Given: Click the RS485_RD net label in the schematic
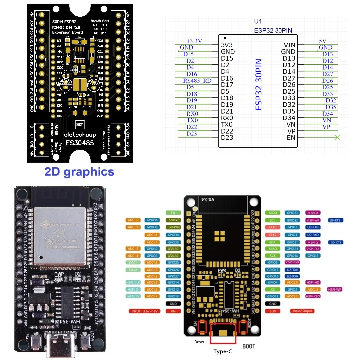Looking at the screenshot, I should (x=197, y=81).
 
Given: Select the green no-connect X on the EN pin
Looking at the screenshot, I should (x=337, y=137).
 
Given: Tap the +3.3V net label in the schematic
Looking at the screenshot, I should (x=194, y=41).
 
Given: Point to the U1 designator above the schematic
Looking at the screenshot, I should (x=258, y=21).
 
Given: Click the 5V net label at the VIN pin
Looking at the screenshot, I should (x=323, y=41).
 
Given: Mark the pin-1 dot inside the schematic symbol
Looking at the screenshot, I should (x=225, y=38).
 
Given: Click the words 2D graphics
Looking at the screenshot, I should (x=79, y=172).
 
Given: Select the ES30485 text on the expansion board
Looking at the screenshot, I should (x=80, y=143).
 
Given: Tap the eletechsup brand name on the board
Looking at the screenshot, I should (x=80, y=135).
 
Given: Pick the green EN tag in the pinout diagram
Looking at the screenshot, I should (x=173, y=213).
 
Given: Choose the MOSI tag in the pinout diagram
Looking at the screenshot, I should (x=273, y=213).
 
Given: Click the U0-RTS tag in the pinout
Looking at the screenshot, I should (x=335, y=220).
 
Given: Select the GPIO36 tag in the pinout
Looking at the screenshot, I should (x=152, y=220).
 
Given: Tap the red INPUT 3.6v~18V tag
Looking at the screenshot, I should (x=144, y=311).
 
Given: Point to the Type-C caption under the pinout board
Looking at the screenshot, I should (x=223, y=351).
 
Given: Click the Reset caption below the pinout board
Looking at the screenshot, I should (x=199, y=342).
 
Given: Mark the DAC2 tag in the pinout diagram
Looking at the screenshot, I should (x=133, y=270).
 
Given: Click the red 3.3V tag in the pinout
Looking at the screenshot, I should (x=273, y=311).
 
